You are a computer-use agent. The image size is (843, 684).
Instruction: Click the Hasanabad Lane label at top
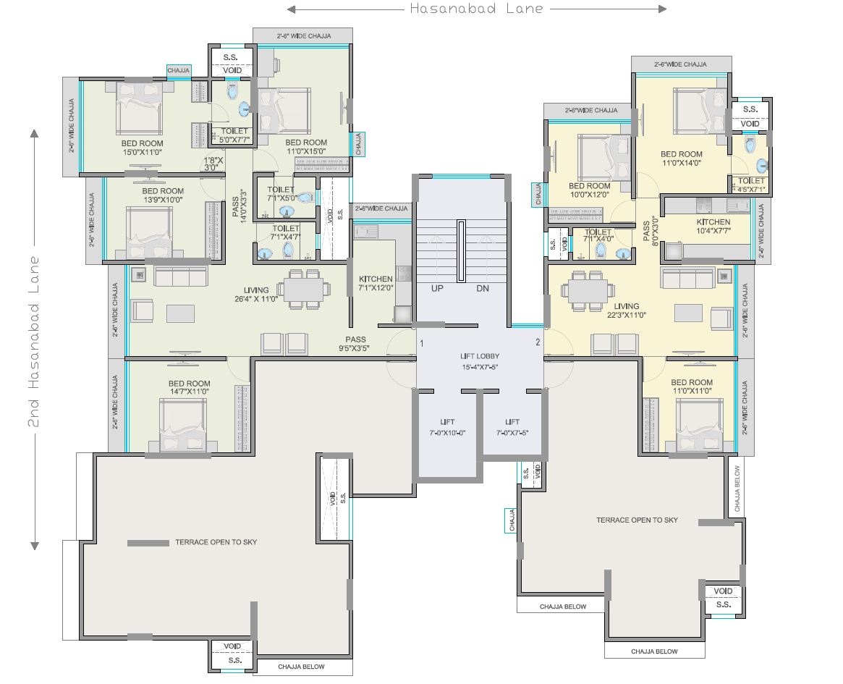coord(476,9)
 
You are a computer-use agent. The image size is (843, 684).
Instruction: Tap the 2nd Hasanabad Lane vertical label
coord(33,339)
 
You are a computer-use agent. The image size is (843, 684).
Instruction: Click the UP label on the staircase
coord(437,288)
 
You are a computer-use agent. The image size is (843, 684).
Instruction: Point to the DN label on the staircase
coord(483,288)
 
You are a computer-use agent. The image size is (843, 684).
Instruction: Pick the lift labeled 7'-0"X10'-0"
coord(447,427)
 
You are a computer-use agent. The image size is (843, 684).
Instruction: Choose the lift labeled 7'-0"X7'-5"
coord(512,427)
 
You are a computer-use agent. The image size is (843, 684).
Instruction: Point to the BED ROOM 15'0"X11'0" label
coord(142,148)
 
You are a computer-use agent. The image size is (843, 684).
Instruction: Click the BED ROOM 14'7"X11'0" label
coord(189,388)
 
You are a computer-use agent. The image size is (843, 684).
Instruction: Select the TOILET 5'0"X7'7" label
coord(231,135)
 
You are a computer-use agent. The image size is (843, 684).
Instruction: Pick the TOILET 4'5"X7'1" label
coord(751,185)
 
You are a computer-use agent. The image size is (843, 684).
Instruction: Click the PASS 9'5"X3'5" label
coord(355,344)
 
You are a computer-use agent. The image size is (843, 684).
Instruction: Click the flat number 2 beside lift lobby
coord(537,342)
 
